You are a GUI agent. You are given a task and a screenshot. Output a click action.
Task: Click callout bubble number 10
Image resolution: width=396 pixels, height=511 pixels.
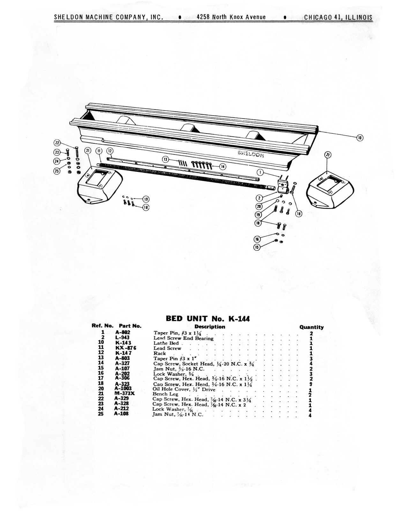point(360,138)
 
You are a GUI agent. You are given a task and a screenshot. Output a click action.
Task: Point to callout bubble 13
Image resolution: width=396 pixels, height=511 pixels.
point(165,159)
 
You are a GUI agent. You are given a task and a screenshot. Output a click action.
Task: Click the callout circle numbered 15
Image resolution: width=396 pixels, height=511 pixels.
point(257,247)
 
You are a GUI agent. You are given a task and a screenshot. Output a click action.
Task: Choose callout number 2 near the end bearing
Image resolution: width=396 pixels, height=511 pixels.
point(260,198)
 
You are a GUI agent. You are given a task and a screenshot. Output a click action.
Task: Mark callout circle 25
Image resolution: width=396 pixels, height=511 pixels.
point(57,171)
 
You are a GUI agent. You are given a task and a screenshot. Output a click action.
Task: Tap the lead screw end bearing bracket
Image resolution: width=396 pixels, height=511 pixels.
point(283,186)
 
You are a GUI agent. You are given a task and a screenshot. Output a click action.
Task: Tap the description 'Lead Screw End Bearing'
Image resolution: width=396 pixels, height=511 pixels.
point(183,338)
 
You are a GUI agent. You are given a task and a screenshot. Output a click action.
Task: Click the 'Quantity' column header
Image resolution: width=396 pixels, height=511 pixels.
point(311,327)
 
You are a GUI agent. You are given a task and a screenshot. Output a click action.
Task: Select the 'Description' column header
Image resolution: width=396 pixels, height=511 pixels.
point(210,326)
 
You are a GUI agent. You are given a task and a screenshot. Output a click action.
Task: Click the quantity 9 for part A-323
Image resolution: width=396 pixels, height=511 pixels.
point(311,384)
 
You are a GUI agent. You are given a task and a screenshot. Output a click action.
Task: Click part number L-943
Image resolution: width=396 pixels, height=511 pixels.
point(122,338)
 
